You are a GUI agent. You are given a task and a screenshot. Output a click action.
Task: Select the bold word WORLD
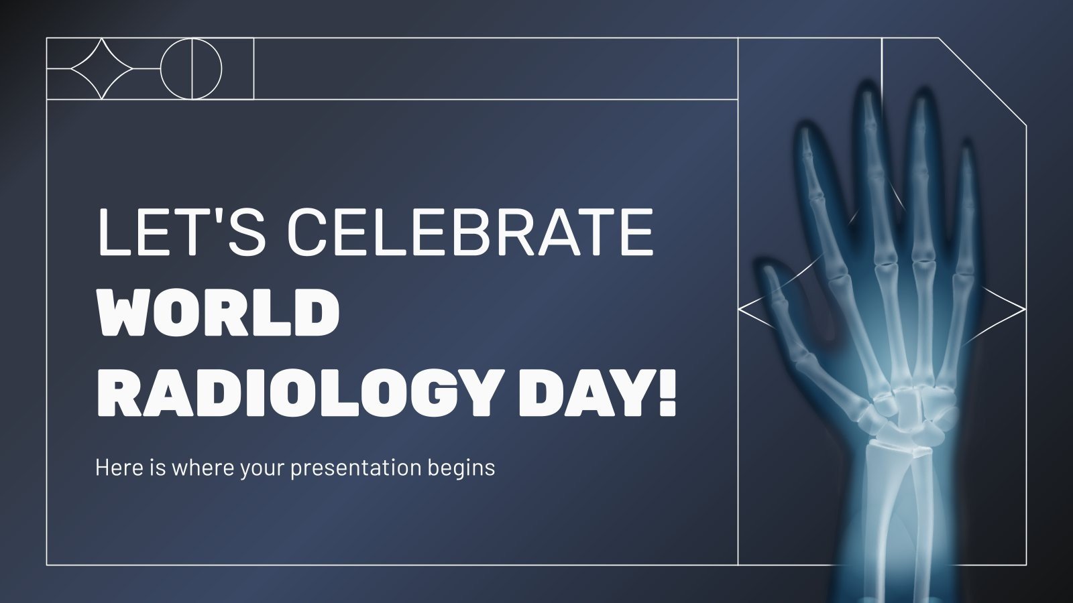(x=219, y=314)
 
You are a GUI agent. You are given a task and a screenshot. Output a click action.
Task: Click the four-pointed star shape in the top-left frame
(x=101, y=68)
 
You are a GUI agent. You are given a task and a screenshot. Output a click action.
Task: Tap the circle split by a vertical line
(x=191, y=68)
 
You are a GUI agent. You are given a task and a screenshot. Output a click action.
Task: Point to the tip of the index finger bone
(x=805, y=134)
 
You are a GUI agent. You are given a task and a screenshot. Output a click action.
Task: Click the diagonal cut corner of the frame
(x=982, y=81)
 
